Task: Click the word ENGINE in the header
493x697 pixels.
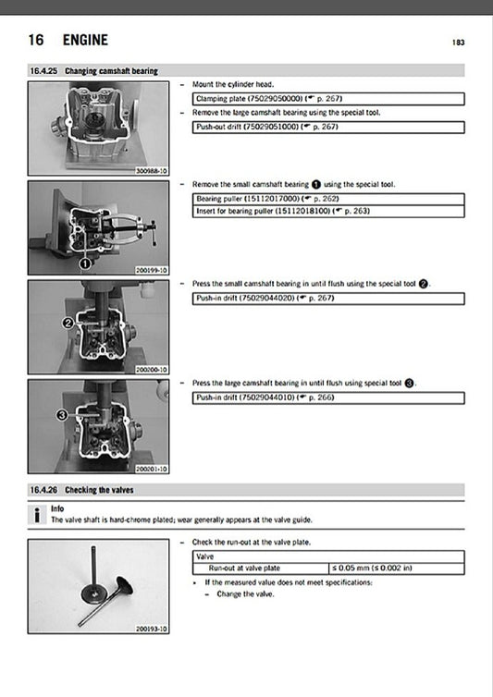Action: point(85,40)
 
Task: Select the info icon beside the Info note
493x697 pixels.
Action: point(35,515)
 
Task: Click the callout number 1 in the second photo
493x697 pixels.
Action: point(84,263)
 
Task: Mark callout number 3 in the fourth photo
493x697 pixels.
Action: point(61,416)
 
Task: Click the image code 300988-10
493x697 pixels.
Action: point(151,171)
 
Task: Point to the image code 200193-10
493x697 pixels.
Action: point(151,629)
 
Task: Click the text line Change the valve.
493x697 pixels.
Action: point(241,594)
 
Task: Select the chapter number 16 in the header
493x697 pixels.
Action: point(37,40)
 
